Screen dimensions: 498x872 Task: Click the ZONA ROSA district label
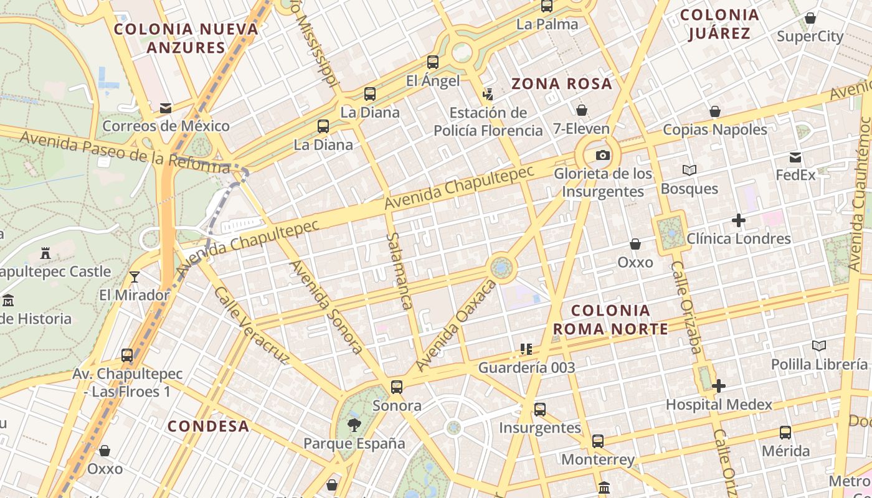point(562,83)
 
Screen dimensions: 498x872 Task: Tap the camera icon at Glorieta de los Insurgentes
point(603,156)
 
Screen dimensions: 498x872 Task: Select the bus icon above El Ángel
point(433,62)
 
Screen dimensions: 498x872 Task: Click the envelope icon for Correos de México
point(166,108)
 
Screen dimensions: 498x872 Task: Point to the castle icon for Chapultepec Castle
point(45,253)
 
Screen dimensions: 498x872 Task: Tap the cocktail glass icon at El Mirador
point(135,277)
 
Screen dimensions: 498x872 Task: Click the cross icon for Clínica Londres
point(739,220)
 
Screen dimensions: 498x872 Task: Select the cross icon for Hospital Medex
point(719,387)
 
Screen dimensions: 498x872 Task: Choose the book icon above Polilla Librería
point(819,346)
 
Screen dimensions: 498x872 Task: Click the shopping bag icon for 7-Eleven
point(582,111)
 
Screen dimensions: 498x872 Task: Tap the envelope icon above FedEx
point(795,157)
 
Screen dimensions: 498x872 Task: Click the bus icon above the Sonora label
point(397,387)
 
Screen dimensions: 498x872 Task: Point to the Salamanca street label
point(399,271)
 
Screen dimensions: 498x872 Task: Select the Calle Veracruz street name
point(252,325)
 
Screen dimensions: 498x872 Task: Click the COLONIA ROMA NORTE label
point(610,319)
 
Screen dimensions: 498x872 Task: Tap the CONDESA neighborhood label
point(209,426)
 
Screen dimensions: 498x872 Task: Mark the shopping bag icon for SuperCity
point(810,19)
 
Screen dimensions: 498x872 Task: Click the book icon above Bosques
point(689,170)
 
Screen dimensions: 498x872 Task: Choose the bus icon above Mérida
point(785,433)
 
